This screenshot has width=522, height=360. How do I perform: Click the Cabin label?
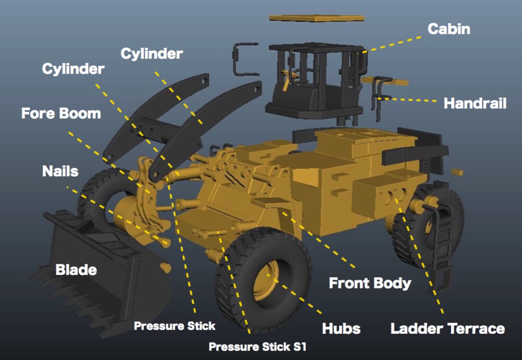[x=448, y=29]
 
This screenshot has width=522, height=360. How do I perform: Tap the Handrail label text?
[x=475, y=103]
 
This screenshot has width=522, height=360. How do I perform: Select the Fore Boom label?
[x=61, y=114]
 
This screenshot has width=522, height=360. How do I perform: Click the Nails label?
[x=60, y=171]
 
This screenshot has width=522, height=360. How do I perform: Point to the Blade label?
[x=76, y=270]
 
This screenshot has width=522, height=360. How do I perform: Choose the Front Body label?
[x=370, y=283]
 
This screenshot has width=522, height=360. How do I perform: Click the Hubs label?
[x=341, y=328]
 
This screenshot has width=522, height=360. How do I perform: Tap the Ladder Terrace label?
[x=447, y=328]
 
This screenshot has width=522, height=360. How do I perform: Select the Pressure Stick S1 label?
[x=258, y=347]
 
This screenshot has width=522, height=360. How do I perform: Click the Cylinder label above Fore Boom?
[x=73, y=69]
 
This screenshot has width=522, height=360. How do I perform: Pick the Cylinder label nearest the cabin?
[x=151, y=54]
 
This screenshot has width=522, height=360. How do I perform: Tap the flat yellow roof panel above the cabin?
[x=317, y=18]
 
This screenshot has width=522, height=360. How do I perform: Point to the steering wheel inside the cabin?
[x=289, y=75]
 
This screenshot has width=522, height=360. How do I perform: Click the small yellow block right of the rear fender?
[x=457, y=172]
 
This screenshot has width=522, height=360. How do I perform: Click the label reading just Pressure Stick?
[x=174, y=326]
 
